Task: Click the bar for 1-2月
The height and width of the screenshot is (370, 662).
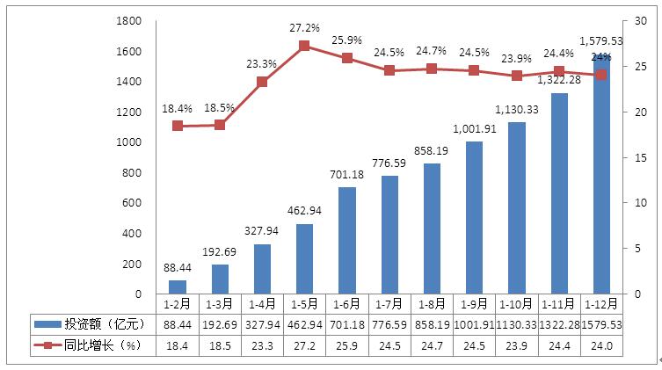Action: tap(178, 287)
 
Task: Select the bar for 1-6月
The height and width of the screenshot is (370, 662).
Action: tap(346, 241)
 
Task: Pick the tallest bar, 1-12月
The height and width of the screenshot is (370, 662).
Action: tap(601, 176)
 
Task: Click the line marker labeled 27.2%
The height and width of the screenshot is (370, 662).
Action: tap(304, 46)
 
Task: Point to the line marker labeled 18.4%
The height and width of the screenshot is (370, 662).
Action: tap(178, 126)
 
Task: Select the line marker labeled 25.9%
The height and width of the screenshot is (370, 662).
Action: tap(346, 58)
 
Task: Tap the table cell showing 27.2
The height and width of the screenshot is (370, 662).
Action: tap(304, 347)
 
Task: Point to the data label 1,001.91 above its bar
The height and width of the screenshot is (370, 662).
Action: tap(476, 128)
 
